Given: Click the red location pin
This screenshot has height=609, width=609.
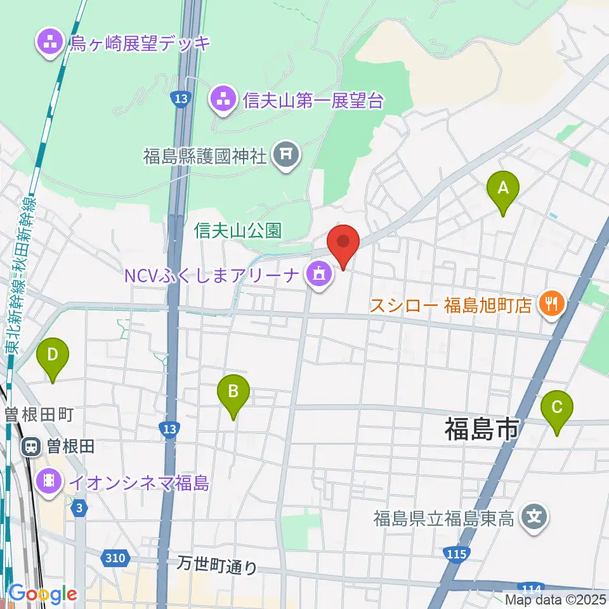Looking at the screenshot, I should [x=343, y=242].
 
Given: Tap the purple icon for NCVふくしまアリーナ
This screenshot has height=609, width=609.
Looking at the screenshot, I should [x=318, y=275].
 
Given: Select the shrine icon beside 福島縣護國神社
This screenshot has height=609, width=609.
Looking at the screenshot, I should [x=286, y=154].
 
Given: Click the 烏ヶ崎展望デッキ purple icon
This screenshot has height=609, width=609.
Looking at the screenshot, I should [x=50, y=44].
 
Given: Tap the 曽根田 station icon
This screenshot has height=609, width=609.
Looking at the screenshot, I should [x=30, y=447].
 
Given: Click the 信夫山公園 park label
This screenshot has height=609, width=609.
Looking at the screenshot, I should [x=238, y=230].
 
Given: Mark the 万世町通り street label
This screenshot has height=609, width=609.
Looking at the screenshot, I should [x=218, y=565].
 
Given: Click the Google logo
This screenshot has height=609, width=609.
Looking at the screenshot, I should [x=43, y=594].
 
